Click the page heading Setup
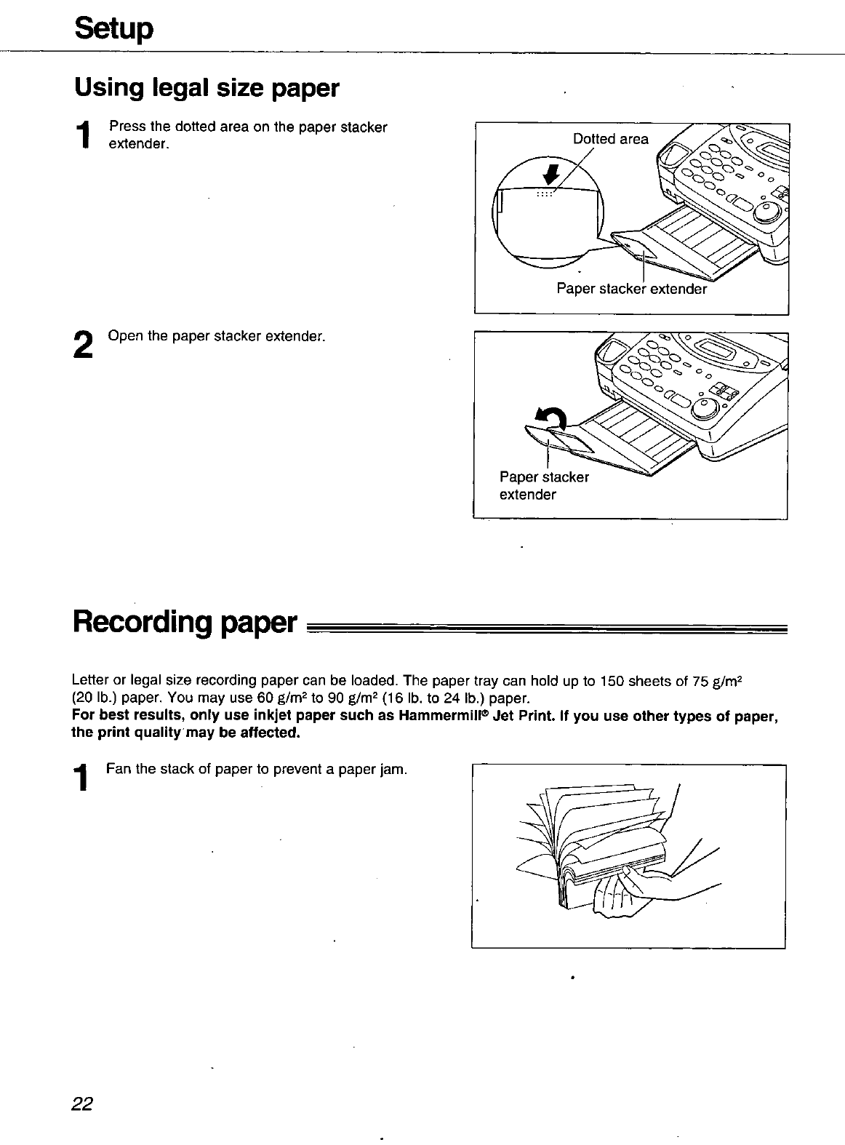[x=113, y=29]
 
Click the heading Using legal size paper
[x=207, y=89]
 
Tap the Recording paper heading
[x=185, y=623]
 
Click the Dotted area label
[x=610, y=139]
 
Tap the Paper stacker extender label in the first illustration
[x=630, y=289]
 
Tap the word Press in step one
[x=124, y=127]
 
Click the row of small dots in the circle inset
[x=545, y=194]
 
